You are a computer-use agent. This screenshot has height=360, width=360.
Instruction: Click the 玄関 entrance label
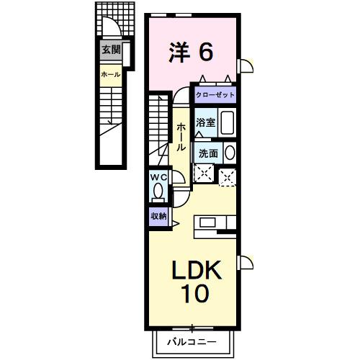[111, 50]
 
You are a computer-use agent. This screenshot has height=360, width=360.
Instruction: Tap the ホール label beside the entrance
[110, 75]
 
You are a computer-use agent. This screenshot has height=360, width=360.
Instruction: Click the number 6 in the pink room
[206, 51]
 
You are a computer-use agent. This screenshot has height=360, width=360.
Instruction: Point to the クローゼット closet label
[215, 94]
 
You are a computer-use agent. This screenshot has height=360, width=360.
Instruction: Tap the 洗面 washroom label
[208, 153]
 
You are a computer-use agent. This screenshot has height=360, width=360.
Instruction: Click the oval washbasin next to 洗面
[230, 153]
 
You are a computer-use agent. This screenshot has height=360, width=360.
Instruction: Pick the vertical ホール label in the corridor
[180, 135]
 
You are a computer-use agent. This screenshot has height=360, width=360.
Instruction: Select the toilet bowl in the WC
[158, 192]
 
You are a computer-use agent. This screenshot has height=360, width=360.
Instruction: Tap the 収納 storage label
[159, 215]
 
